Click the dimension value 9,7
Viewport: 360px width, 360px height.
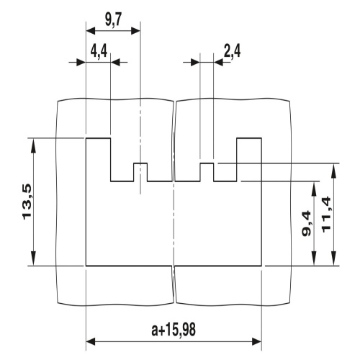click(113, 19)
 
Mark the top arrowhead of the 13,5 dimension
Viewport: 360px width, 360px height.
click(33, 142)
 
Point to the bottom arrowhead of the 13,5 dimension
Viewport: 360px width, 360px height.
click(33, 261)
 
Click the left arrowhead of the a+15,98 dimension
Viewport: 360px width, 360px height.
click(91, 341)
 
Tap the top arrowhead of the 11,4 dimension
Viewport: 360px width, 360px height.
click(333, 168)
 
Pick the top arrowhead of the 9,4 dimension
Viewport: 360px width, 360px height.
click(314, 185)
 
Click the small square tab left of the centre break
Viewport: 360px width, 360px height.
click(140, 172)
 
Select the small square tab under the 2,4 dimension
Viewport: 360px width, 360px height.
click(207, 172)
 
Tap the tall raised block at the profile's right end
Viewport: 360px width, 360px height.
click(248, 158)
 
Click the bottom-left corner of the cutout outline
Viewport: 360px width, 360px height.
click(86, 266)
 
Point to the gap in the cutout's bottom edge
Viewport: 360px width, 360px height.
click(174, 266)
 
